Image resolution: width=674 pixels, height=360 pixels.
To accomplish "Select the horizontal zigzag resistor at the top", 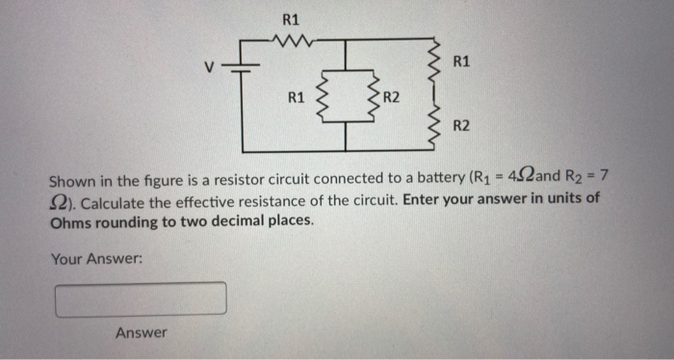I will pos(291,40).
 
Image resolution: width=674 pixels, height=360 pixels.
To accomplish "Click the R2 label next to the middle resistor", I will pos(391,97).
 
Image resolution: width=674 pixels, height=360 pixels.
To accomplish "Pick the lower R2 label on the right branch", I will pos(461,126).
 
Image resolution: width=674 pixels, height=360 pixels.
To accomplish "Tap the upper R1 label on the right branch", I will pos(461,63).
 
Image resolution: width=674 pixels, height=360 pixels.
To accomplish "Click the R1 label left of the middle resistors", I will pos(298,97).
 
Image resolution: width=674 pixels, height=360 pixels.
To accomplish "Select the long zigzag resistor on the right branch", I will pos(439,91).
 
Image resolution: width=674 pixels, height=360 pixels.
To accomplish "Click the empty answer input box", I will pos(142,298).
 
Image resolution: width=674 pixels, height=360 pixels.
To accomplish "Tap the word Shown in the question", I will pos(71,180).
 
